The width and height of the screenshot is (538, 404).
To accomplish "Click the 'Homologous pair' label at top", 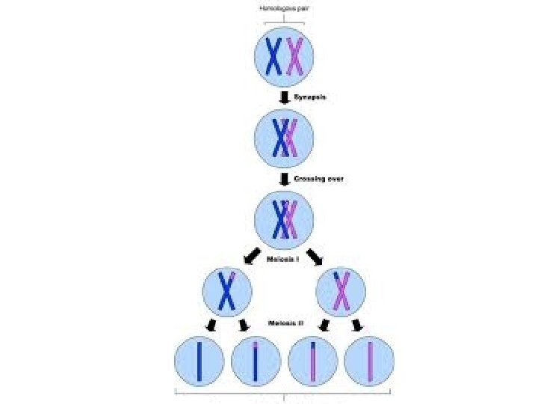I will click(284, 8).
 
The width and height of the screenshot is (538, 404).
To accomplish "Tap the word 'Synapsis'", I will click(309, 98).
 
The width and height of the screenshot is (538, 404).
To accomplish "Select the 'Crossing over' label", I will click(318, 180).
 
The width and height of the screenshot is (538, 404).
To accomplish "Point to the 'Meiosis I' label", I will click(283, 259).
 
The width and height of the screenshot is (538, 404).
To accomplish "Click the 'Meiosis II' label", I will click(284, 323).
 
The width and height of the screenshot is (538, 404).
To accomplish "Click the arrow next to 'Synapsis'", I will click(285, 98).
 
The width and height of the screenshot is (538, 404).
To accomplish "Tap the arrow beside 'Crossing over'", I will click(285, 180).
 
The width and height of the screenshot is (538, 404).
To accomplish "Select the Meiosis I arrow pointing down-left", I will click(249, 255).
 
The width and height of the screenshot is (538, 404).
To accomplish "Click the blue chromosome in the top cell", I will click(274, 56).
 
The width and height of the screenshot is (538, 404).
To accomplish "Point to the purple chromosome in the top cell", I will click(294, 56).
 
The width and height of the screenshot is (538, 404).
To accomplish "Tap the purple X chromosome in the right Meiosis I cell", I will click(341, 292).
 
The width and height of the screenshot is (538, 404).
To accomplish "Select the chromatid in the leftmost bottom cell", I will click(200, 363).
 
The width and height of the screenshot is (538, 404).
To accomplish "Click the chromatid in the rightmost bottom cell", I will click(370, 363).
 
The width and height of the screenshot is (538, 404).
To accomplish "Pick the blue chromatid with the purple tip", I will click(256, 363).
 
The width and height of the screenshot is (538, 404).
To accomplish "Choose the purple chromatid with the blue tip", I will click(313, 363).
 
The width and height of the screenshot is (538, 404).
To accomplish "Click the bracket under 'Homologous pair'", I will click(284, 22).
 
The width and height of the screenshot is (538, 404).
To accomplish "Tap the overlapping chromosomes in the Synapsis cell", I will click(285, 138).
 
